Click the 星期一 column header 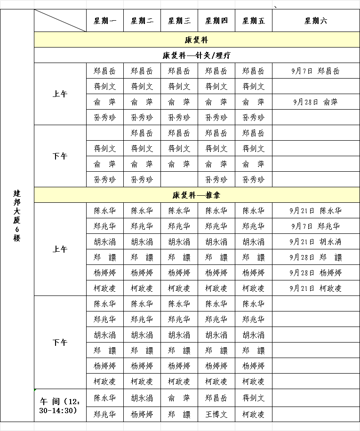click(x=104, y=21)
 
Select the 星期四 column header click(x=216, y=21)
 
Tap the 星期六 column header click(x=316, y=21)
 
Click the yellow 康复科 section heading click(x=196, y=40)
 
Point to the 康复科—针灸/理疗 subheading click(x=196, y=56)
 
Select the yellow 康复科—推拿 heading click(x=196, y=195)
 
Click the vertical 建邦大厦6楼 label click(x=17, y=215)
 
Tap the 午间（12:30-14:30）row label click(x=60, y=406)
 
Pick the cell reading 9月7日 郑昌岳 click(x=316, y=71)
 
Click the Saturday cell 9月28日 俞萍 click(x=316, y=102)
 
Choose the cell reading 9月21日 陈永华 click(x=316, y=211)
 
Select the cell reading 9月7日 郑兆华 click(x=316, y=226)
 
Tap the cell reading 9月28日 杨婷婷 click(x=316, y=272)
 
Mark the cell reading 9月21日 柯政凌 click(x=316, y=288)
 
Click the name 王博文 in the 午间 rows click(x=216, y=415)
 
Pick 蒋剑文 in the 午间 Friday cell click(x=254, y=398)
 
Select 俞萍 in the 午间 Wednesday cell click(x=179, y=398)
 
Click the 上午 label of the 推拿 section click(x=60, y=249)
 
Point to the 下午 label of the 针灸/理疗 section click(x=60, y=156)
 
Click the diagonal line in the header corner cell click(x=60, y=21)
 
